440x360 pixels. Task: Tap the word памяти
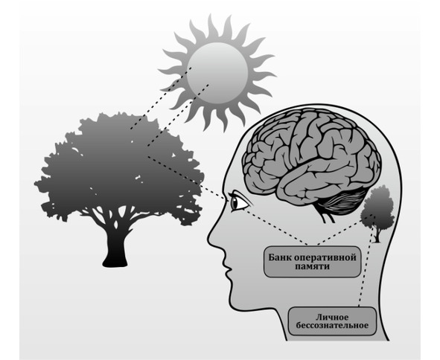click(313, 266)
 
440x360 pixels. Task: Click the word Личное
click(332, 317)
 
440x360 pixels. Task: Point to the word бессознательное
click(332, 326)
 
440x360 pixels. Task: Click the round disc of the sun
click(217, 73)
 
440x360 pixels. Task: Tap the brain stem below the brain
click(328, 216)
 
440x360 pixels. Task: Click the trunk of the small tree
click(377, 235)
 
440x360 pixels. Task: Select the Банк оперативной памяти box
click(312, 262)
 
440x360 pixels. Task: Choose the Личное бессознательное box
click(332, 321)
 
